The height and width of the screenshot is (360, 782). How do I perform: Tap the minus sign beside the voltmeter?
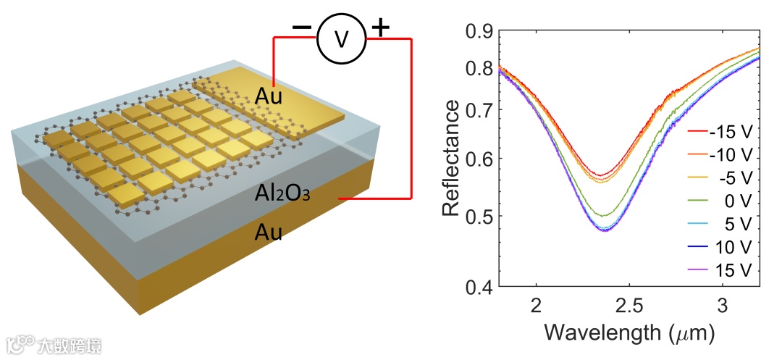pyautogui.click(x=301, y=28)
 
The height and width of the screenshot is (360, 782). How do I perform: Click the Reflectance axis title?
pyautogui.click(x=451, y=159)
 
